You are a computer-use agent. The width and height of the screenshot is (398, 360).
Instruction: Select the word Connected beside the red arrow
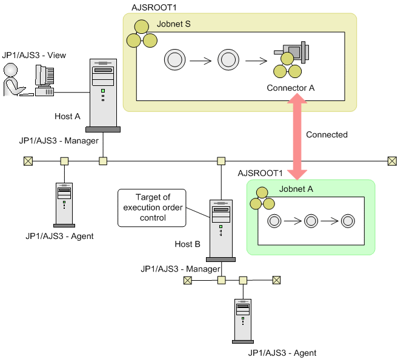point(327,134)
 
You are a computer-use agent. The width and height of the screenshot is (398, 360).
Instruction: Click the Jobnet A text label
point(296,188)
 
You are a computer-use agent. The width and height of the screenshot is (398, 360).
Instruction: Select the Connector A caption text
point(291,88)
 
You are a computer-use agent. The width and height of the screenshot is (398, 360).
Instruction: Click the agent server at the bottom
point(242,320)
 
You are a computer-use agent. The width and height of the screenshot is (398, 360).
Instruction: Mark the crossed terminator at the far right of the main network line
point(392,161)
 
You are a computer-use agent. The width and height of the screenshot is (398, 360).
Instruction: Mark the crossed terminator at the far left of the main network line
point(27,162)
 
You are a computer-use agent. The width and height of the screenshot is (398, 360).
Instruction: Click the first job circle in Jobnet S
point(174,60)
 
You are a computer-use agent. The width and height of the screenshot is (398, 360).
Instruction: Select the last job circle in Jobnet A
point(348,220)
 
